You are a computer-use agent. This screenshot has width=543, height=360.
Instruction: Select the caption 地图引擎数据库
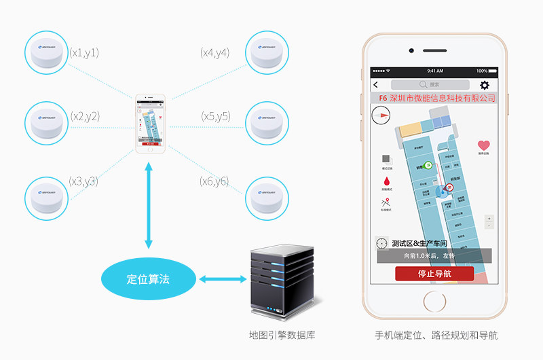coord(282,335)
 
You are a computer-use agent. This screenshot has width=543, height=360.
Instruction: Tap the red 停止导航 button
coord(434,274)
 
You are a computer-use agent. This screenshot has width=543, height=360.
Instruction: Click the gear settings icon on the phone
coord(485,85)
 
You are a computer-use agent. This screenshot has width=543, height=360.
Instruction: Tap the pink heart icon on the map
coord(483,145)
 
